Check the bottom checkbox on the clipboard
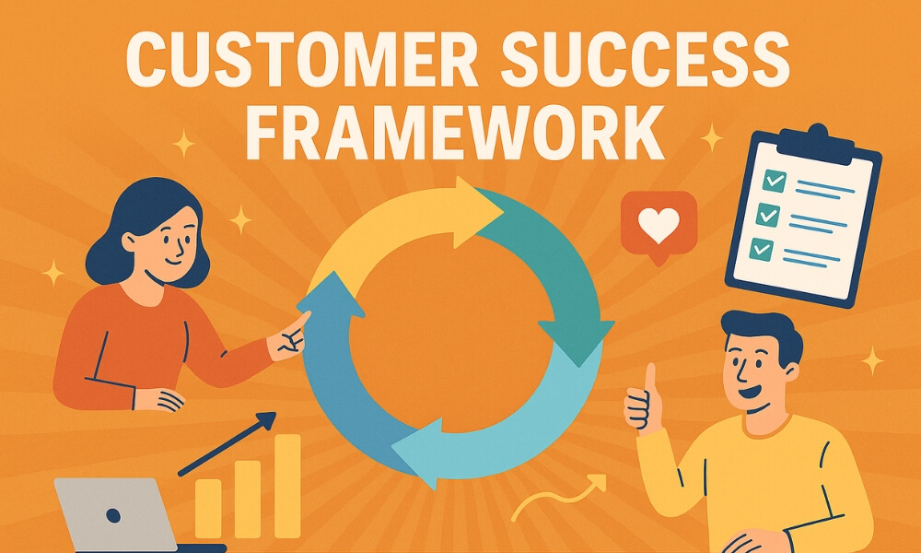coord(761,247)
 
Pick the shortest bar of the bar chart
coord(208,508)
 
